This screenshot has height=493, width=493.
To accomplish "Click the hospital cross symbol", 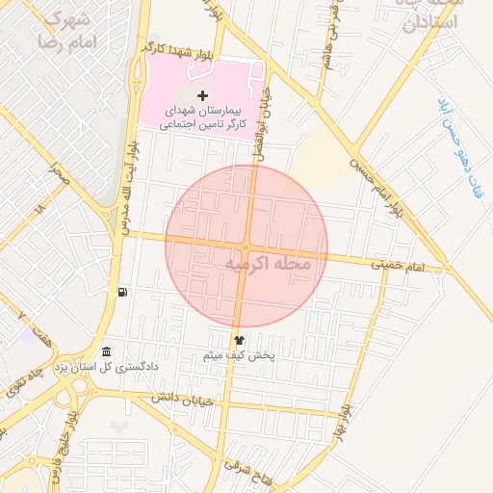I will (202, 94).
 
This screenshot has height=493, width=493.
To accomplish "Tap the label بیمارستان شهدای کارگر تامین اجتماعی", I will (202, 117).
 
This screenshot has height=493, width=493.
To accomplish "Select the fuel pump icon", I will (122, 293).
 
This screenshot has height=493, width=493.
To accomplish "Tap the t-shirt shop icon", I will (239, 339).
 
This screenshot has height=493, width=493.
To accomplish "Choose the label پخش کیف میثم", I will (240, 355).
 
